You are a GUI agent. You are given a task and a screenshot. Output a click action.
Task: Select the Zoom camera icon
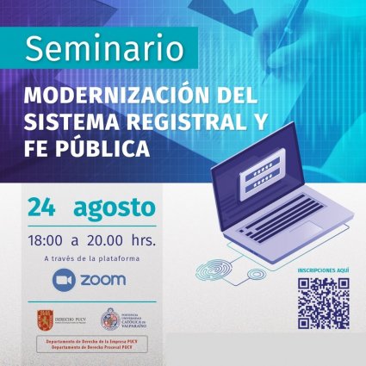(x=64, y=280)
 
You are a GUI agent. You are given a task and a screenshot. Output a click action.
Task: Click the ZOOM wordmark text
(x=103, y=280)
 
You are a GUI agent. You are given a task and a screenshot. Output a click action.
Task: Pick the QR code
(x=323, y=303)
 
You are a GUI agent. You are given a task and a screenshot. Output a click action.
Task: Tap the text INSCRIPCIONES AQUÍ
(x=323, y=270)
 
